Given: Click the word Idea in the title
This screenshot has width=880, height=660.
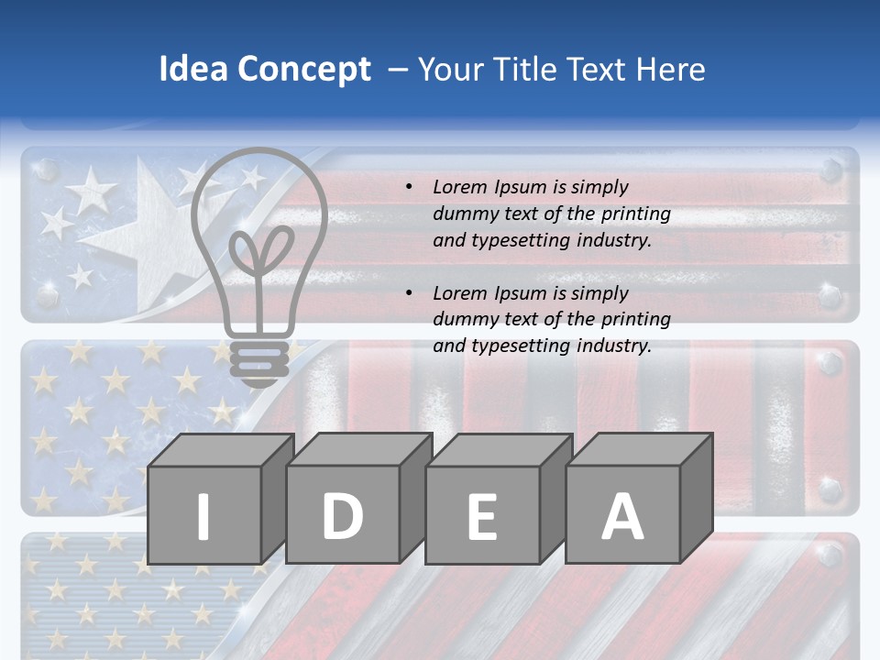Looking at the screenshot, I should pos(193,70).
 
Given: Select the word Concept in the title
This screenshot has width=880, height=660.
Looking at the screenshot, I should pos(304,70).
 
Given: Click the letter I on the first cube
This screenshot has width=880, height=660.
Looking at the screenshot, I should pos(203,516).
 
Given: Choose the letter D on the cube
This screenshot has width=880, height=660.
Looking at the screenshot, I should pos(342,516).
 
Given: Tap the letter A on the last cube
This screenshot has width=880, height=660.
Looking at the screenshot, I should pos(621,516).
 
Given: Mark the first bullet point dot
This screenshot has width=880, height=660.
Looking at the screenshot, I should pos(410,188).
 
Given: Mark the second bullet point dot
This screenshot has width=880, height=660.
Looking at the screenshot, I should pos(410,293).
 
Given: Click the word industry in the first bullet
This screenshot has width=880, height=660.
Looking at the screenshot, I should pos(613,241).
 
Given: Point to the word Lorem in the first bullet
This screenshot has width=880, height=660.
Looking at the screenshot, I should pos(460,187).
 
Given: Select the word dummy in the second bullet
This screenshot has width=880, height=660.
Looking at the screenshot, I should pos(463,320).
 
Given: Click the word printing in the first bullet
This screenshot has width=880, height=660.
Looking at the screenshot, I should pos(636,214).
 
